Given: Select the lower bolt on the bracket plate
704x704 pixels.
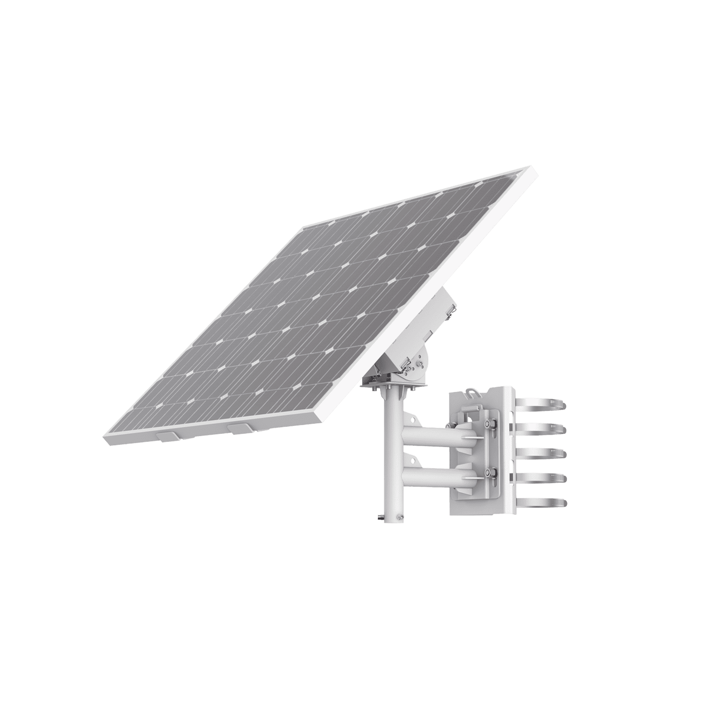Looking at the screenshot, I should coord(488,473).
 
